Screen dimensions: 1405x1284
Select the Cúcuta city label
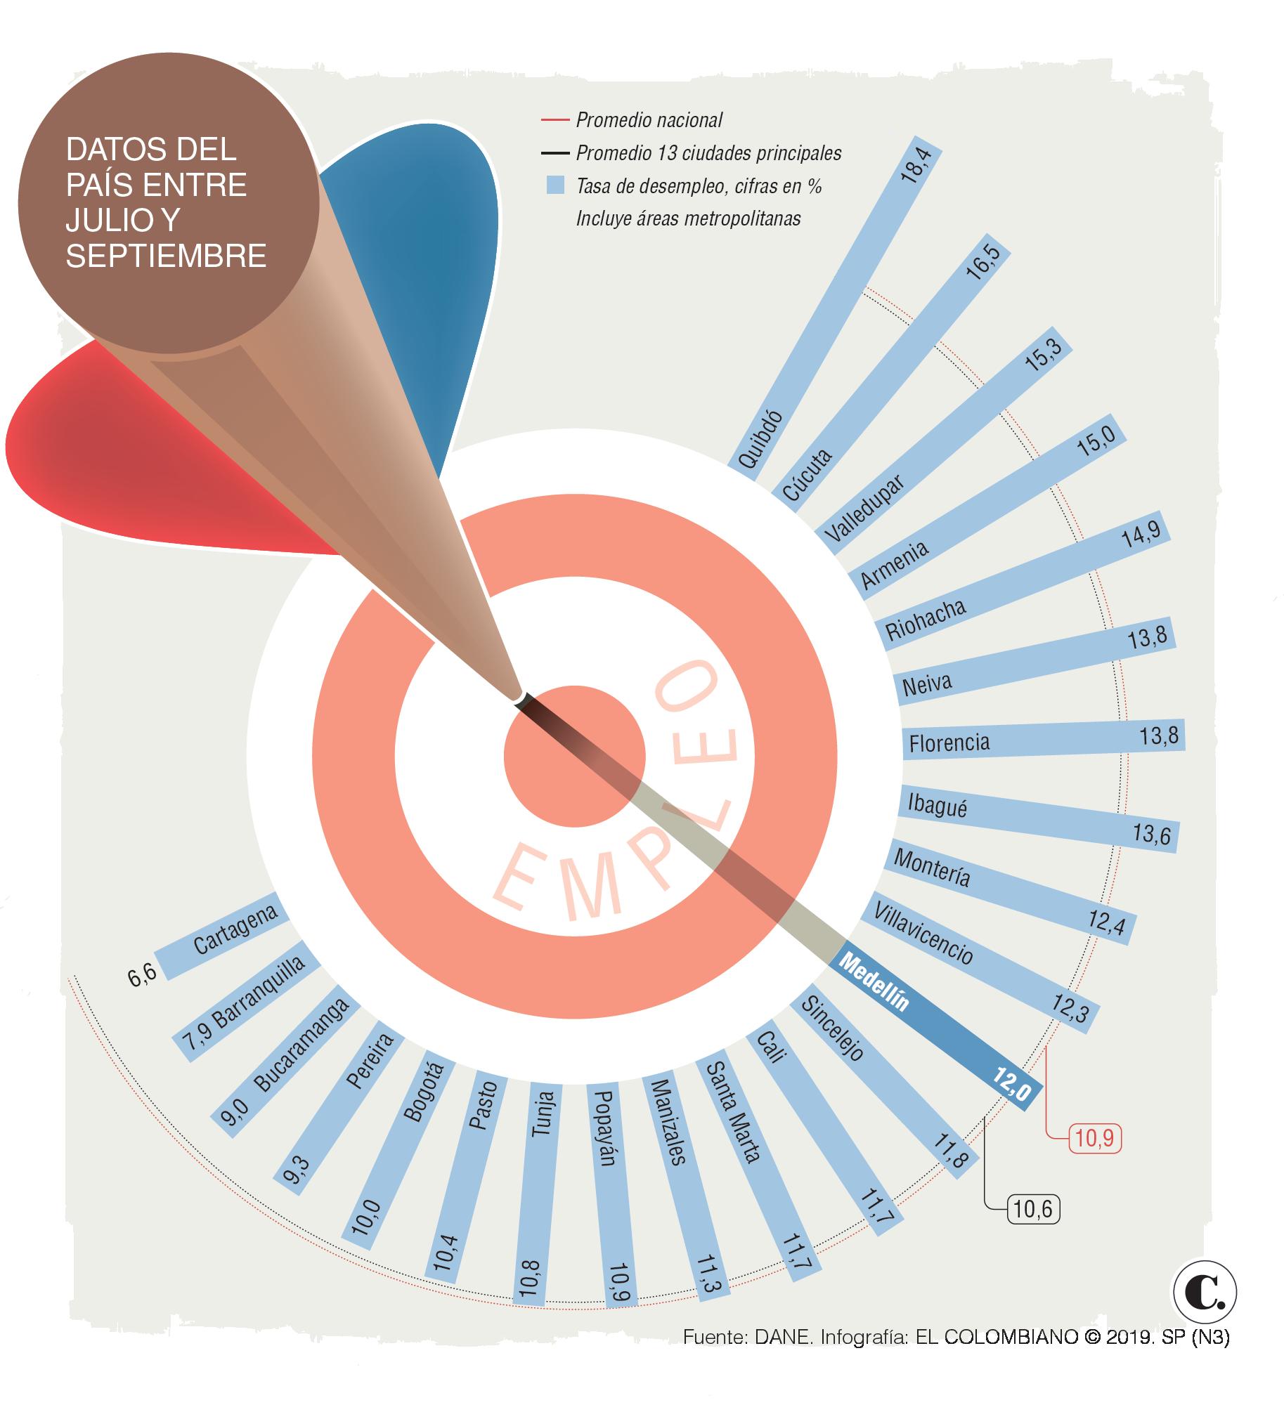tap(807, 476)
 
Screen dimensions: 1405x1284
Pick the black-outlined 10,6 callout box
tap(1033, 1210)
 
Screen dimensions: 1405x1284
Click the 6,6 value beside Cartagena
tap(142, 976)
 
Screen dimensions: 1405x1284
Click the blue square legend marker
tap(555, 185)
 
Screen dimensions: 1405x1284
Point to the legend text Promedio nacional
tap(649, 120)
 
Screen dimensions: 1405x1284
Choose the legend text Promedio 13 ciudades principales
tap(708, 153)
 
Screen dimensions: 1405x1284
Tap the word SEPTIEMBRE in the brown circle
tap(167, 256)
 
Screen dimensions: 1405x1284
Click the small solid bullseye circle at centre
tap(574, 757)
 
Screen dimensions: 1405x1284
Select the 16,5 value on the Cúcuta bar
tap(982, 263)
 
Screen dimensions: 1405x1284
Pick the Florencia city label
tap(949, 743)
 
